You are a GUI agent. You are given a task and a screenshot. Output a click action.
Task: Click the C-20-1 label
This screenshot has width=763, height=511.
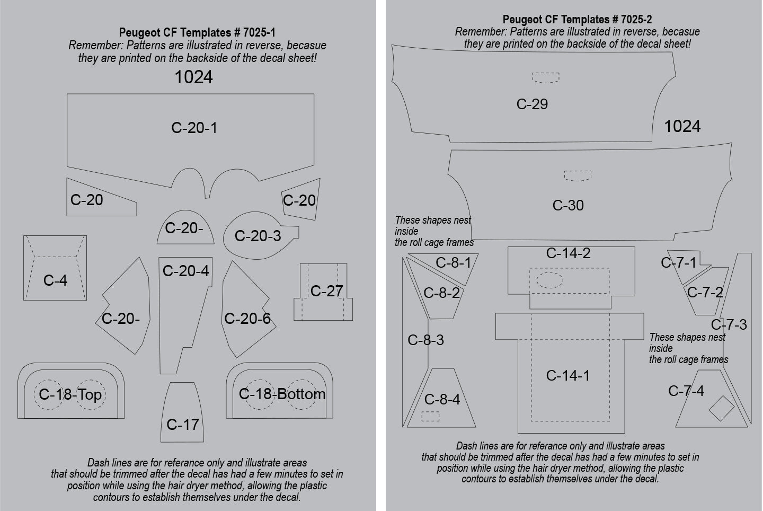pyautogui.click(x=194, y=128)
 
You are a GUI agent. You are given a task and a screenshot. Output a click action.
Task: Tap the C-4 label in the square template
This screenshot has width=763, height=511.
pyautogui.click(x=55, y=280)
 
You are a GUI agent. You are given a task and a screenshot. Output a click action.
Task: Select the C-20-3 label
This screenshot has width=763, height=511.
pyautogui.click(x=258, y=236)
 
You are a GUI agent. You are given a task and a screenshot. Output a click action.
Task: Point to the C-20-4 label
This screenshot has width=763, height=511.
pyautogui.click(x=185, y=271)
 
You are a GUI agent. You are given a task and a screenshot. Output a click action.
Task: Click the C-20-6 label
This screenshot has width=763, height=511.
pyautogui.click(x=247, y=319)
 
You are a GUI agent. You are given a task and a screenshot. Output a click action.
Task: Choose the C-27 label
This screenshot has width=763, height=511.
pyautogui.click(x=326, y=290)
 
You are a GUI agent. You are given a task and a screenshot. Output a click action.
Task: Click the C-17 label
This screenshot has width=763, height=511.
pyautogui.click(x=182, y=424)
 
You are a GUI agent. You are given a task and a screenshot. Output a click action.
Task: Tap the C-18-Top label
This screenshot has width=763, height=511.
pyautogui.click(x=70, y=394)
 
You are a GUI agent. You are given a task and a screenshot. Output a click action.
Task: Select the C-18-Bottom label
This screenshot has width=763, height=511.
pyautogui.click(x=282, y=394)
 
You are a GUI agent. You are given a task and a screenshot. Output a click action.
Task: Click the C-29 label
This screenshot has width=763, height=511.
pyautogui.click(x=532, y=104)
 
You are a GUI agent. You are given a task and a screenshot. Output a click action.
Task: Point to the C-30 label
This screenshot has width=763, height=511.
pyautogui.click(x=568, y=205)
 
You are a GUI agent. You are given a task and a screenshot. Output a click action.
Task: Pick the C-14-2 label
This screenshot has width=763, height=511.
pyautogui.click(x=568, y=253)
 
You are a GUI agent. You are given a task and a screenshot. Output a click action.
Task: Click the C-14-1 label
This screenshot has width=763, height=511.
pyautogui.click(x=567, y=376)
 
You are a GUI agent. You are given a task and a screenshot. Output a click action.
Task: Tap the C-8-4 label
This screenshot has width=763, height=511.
pyautogui.click(x=442, y=400)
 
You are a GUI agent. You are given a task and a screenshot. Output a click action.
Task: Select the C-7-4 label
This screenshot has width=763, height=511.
pyautogui.click(x=686, y=391)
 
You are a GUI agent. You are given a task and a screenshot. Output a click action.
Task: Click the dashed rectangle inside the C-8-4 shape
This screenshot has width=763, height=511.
pyautogui.click(x=430, y=417)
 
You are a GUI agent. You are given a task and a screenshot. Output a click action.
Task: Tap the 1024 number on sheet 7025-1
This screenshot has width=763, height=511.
pyautogui.click(x=193, y=77)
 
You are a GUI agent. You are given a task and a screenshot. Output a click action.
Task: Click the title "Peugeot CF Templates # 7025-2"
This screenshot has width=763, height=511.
pyautogui.click(x=577, y=20)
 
